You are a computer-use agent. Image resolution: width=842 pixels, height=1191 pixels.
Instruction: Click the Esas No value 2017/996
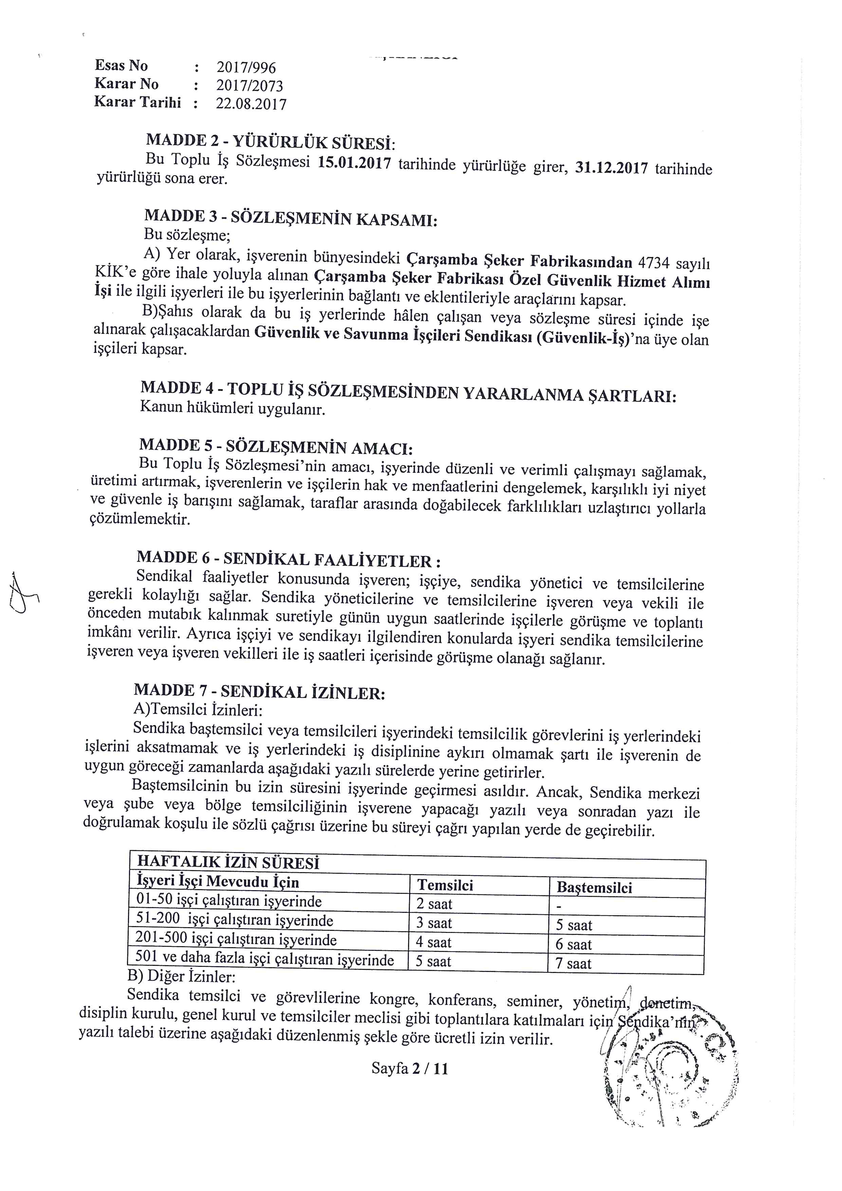246,68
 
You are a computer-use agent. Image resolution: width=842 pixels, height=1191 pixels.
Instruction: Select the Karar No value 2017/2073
250,86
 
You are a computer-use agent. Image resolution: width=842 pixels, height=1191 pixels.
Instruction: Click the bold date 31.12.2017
612,168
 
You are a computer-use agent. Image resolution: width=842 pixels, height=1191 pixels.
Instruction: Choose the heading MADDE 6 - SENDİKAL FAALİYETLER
289,559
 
